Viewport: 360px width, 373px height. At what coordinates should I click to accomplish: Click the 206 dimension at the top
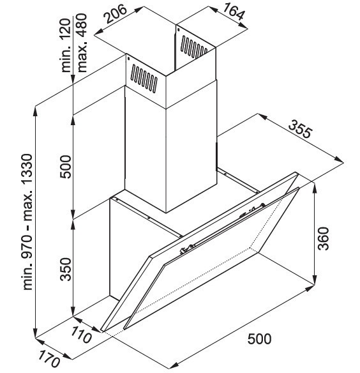click(116, 14)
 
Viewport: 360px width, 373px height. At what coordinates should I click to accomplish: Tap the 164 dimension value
click(234, 11)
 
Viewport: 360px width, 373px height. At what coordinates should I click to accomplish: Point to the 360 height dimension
click(324, 238)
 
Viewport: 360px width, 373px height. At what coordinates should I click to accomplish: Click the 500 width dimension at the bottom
click(259, 339)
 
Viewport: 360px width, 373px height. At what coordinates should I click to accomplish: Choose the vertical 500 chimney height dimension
click(66, 167)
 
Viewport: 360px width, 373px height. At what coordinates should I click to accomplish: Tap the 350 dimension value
click(66, 270)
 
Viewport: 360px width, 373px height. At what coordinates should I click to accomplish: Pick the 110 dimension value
click(81, 334)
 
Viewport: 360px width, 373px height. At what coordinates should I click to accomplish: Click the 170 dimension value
click(49, 359)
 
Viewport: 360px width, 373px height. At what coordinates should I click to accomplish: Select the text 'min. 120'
click(66, 45)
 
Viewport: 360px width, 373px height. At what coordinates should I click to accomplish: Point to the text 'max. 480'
click(82, 43)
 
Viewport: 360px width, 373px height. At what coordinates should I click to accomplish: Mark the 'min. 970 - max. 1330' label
click(27, 222)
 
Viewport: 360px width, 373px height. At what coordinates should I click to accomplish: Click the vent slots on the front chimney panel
click(144, 79)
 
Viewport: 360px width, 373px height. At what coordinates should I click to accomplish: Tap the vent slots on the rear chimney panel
click(194, 47)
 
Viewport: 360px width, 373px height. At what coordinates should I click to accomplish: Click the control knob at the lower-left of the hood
click(184, 250)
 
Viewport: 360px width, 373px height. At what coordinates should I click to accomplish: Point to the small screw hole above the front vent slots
click(128, 58)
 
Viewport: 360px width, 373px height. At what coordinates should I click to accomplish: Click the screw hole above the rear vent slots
click(178, 29)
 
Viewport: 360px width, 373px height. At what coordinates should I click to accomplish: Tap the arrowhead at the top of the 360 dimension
click(314, 188)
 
